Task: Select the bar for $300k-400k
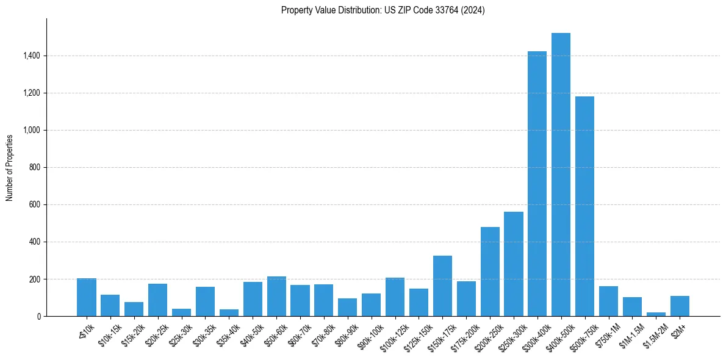tap(537, 184)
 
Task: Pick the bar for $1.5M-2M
tap(656, 314)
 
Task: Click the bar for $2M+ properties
tap(680, 306)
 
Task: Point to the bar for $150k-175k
tap(442, 286)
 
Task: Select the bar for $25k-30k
tap(181, 312)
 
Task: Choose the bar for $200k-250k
tap(490, 272)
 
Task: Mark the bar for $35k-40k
tap(229, 313)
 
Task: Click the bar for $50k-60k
tap(276, 297)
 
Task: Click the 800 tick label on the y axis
tap(35, 168)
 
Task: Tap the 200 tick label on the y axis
tap(35, 279)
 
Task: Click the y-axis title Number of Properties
tap(10, 168)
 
